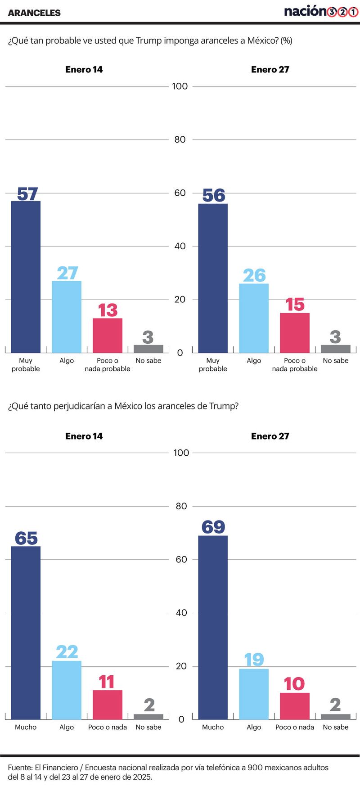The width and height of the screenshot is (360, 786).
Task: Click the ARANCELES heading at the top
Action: coord(34,13)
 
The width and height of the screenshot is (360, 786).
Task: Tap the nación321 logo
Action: coord(321,12)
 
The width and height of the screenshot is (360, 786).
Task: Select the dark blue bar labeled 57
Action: coord(26,277)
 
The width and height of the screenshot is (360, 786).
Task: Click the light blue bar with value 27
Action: coord(67,317)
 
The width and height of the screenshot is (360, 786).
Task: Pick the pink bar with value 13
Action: coord(108,336)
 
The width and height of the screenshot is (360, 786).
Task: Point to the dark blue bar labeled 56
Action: coord(213,278)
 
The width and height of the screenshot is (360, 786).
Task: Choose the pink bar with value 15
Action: coord(295,333)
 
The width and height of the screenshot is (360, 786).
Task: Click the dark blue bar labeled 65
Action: coord(26,633)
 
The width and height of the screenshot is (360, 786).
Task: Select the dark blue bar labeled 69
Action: coord(213,627)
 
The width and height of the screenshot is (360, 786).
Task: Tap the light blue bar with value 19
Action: coord(254,694)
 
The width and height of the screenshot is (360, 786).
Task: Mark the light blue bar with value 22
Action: coord(67,690)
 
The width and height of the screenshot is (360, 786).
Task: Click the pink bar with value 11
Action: coord(108,705)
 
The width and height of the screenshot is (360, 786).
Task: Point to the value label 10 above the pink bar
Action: coord(294,684)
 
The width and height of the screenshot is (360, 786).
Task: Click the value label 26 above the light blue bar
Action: coord(254,275)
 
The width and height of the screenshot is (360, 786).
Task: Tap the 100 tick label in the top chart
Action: coord(180,86)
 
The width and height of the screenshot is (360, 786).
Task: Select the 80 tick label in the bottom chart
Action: coord(181,506)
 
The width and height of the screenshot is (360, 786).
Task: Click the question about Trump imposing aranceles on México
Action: coord(150,40)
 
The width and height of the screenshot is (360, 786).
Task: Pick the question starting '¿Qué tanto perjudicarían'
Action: coord(123,406)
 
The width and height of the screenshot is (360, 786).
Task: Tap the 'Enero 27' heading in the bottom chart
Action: coord(270,436)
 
